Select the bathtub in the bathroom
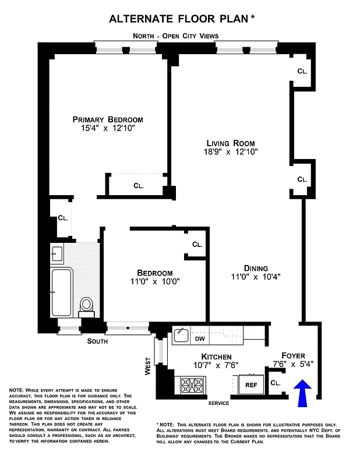tap(61, 291)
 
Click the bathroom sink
tap(57, 254)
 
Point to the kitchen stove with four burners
tap(192, 385)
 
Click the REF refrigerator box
tap(250, 385)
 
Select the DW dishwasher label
tap(200, 338)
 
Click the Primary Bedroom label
tap(108, 119)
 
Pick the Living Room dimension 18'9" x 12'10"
tap(231, 151)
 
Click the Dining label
tap(256, 268)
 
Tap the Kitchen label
tap(217, 356)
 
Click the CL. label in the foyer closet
tap(276, 383)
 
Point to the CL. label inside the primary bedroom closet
tap(138, 186)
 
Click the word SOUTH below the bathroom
tap(97, 342)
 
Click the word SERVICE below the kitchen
tap(218, 403)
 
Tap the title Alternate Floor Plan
tap(178, 19)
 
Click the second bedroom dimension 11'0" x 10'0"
tap(154, 281)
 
